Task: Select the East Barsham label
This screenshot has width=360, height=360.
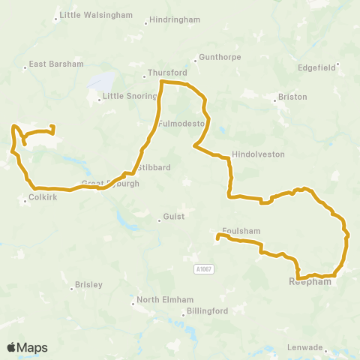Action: (x=56, y=64)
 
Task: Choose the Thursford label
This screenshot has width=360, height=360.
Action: (x=166, y=73)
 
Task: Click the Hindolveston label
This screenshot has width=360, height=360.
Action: (x=259, y=153)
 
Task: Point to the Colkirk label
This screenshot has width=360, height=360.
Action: (x=42, y=199)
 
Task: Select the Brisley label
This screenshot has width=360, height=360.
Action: (x=88, y=285)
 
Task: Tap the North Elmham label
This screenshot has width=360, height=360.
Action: (x=160, y=302)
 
